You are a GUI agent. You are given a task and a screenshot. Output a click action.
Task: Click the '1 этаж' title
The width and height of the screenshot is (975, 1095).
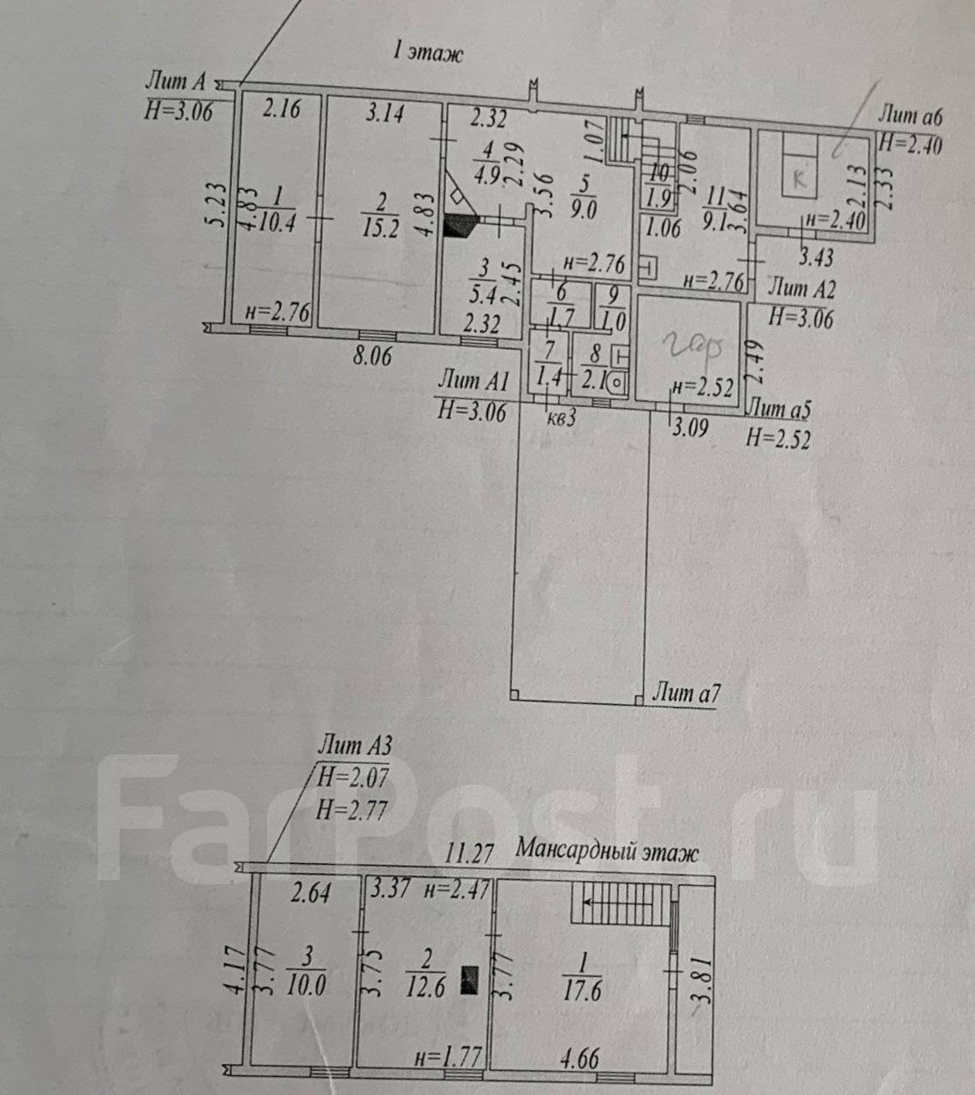click(426, 53)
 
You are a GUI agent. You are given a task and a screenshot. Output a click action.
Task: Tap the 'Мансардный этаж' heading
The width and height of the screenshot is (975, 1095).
click(607, 852)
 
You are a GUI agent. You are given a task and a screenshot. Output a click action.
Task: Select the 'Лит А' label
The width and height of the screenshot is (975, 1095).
click(176, 82)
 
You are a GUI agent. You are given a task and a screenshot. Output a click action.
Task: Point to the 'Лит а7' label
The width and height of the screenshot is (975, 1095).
click(685, 693)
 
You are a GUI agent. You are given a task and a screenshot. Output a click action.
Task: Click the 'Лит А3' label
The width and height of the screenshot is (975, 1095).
click(354, 745)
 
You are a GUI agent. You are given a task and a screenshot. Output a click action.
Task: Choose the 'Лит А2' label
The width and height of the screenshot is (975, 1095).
click(803, 288)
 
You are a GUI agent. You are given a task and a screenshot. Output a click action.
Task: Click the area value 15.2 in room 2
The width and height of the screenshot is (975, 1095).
click(381, 229)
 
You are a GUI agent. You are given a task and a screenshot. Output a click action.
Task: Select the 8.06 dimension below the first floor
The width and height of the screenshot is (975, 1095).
click(371, 353)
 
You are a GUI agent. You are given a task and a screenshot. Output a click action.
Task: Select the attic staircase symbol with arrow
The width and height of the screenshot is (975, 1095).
click(623, 903)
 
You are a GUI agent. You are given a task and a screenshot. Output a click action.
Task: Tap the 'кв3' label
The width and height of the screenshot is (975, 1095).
click(560, 417)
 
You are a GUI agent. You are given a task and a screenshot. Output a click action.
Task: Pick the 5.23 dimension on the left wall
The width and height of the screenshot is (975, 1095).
click(218, 205)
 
